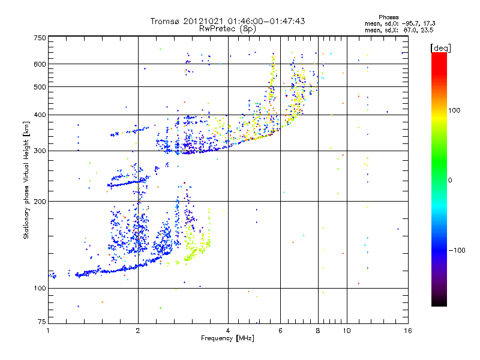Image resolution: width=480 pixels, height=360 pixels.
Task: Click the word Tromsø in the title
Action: pyautogui.click(x=164, y=21)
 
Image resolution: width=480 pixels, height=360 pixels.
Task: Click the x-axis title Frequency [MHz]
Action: pyautogui.click(x=228, y=339)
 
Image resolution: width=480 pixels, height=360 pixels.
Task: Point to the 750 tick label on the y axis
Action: pyautogui.click(x=40, y=38)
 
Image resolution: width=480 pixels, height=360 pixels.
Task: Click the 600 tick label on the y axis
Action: pyautogui.click(x=40, y=64)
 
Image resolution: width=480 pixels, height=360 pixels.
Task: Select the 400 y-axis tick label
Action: pyautogui.click(x=40, y=115)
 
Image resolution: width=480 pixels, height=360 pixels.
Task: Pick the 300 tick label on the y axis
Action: pyautogui.click(x=40, y=151)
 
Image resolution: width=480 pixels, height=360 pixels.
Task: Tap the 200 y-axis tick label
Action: pyautogui.click(x=40, y=202)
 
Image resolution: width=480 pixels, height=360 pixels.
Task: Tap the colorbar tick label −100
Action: pyautogui.click(x=458, y=250)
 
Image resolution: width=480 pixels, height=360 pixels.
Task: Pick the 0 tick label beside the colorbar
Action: pyautogui.click(x=451, y=180)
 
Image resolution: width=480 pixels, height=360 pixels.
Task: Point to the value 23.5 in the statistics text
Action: pyautogui.click(x=427, y=29)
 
